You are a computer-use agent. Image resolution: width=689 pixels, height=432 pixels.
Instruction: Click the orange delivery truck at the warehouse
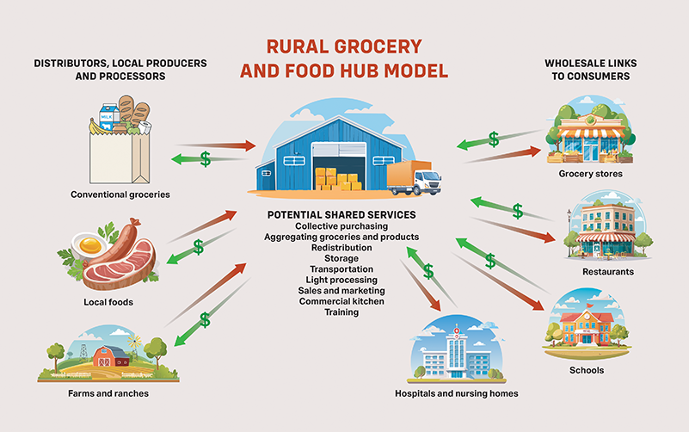click(414, 177)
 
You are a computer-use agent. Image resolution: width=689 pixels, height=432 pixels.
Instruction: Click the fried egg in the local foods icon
click(87, 245)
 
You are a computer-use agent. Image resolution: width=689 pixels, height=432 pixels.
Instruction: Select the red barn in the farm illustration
click(109, 355)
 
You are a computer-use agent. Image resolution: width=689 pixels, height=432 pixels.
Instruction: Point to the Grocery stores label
click(590, 174)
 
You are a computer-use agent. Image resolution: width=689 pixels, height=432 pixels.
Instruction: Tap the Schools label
click(587, 370)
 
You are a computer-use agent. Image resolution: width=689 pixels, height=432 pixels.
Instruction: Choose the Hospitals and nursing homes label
click(456, 393)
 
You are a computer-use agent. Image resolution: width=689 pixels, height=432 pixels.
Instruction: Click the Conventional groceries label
click(120, 194)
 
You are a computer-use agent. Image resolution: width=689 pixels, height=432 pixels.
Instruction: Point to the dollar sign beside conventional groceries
click(205, 158)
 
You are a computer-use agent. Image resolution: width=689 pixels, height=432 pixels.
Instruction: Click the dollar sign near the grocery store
click(493, 138)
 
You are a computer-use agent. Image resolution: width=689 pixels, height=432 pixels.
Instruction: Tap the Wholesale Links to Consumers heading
click(587, 70)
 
